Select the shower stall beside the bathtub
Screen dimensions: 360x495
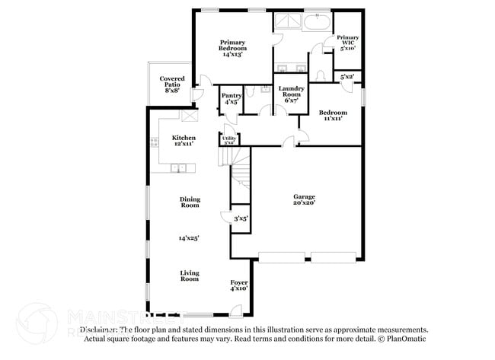tap(288, 22)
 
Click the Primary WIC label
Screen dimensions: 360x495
tap(348, 42)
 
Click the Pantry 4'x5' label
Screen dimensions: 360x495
tap(231, 98)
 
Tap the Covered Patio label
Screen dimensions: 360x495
tap(172, 84)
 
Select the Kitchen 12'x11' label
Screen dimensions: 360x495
tap(173, 141)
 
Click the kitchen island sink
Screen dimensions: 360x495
tap(180, 167)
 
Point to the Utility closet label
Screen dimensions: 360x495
tap(228, 139)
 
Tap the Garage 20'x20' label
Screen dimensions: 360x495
tap(305, 200)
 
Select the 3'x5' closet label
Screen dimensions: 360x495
tap(241, 218)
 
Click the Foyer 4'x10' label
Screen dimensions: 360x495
tap(238, 285)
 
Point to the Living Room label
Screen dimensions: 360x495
tap(190, 276)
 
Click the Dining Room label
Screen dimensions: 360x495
tap(190, 202)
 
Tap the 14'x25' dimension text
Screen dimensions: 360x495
tap(189, 238)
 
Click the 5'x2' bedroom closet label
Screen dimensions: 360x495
tap(346, 77)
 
